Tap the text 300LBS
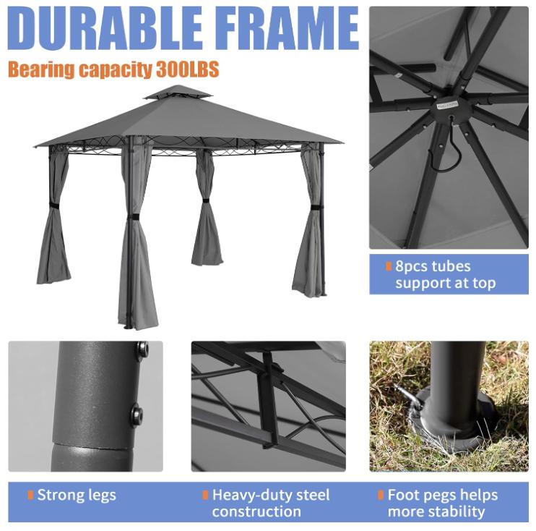[187, 70]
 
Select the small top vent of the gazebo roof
[177, 93]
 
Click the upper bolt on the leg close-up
[142, 350]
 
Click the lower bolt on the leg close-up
[137, 415]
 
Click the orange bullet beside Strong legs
[30, 496]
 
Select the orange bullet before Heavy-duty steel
[205, 496]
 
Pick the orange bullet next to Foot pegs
[381, 496]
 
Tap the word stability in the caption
[454, 511]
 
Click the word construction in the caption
[256, 511]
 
